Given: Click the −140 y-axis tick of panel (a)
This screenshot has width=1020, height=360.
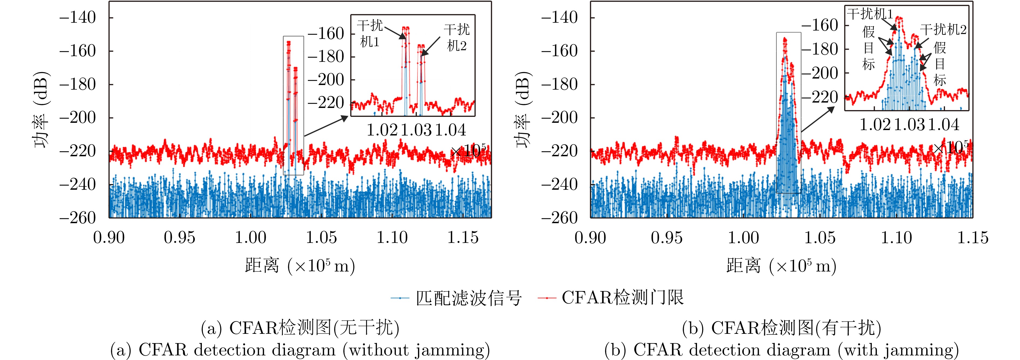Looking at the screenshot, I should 78,18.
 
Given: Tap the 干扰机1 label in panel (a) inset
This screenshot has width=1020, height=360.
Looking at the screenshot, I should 370,34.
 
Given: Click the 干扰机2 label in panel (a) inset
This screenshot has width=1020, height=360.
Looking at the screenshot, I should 457,37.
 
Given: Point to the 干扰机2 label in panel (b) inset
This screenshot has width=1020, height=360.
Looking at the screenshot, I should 943,29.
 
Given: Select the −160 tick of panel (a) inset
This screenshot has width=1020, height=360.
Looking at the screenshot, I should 325,34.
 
